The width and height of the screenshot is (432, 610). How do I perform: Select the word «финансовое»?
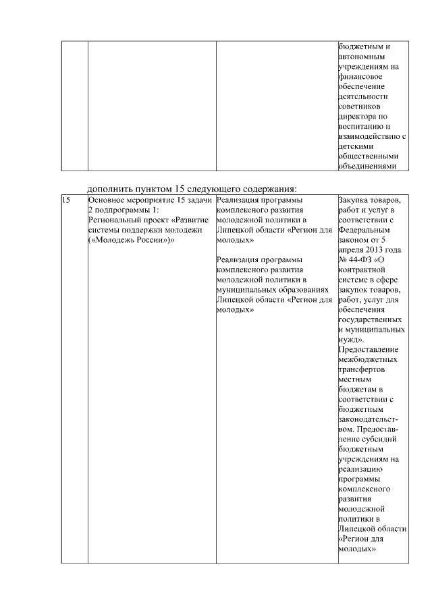(x=360, y=77)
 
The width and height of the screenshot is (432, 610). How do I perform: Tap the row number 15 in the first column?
(x=66, y=200)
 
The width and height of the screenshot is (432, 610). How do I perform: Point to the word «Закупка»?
(x=354, y=200)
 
